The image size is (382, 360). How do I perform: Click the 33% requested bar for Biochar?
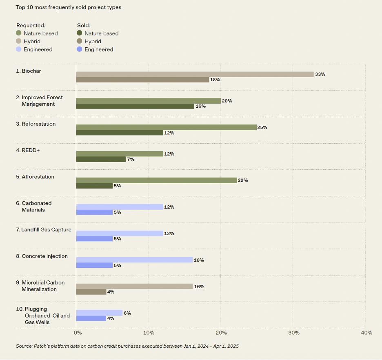[x=195, y=74]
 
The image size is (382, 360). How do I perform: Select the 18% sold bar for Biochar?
[x=142, y=80]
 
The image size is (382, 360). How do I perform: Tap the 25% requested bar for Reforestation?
[x=166, y=127]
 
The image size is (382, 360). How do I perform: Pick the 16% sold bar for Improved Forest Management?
[x=135, y=106]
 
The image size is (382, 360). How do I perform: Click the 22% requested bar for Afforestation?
[x=156, y=180]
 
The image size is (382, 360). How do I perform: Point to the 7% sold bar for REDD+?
[x=101, y=159]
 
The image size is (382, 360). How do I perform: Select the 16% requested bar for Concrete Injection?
[x=134, y=260]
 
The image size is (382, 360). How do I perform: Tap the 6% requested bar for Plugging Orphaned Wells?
[x=99, y=313]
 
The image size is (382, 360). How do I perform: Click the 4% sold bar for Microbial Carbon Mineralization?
[x=91, y=292]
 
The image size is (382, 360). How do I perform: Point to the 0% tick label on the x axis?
[x=78, y=333]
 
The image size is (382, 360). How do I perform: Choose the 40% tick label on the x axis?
[x=366, y=333]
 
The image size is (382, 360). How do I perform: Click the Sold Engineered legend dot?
[x=80, y=49]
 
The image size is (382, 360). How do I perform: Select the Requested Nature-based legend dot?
[x=19, y=33]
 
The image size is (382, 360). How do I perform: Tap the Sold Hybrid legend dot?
[x=80, y=41]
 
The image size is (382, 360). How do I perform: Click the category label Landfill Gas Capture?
[x=44, y=230]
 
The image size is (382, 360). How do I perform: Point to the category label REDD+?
[x=28, y=150]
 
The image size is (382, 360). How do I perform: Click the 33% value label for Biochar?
[x=320, y=74]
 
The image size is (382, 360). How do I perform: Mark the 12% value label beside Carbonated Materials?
[x=169, y=207]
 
